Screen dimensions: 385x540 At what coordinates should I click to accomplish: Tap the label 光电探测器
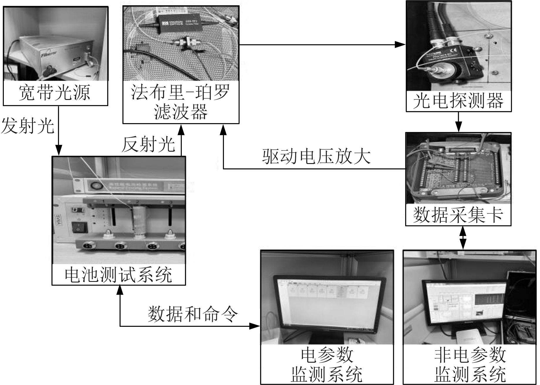458,101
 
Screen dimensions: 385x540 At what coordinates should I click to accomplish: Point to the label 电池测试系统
118,275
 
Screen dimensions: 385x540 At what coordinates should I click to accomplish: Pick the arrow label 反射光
148,144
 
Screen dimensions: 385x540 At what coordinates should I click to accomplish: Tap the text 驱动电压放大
316,156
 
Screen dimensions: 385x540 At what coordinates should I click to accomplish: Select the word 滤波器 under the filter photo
181,112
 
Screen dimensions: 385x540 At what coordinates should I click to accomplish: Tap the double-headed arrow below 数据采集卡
463,238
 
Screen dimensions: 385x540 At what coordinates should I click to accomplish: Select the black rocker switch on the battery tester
80,227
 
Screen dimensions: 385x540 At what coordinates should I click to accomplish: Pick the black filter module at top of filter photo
180,23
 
